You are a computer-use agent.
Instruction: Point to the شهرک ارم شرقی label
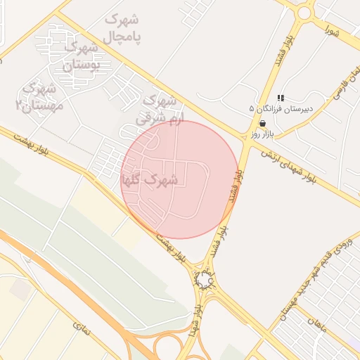pyautogui.click(x=159, y=109)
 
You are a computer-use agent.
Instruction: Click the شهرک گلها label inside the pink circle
pyautogui.click(x=149, y=180)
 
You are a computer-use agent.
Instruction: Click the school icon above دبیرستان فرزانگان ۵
pyautogui.click(x=281, y=98)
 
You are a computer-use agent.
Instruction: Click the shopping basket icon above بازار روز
pyautogui.click(x=262, y=122)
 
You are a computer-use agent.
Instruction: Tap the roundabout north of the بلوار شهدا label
pyautogui.click(x=204, y=281)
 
